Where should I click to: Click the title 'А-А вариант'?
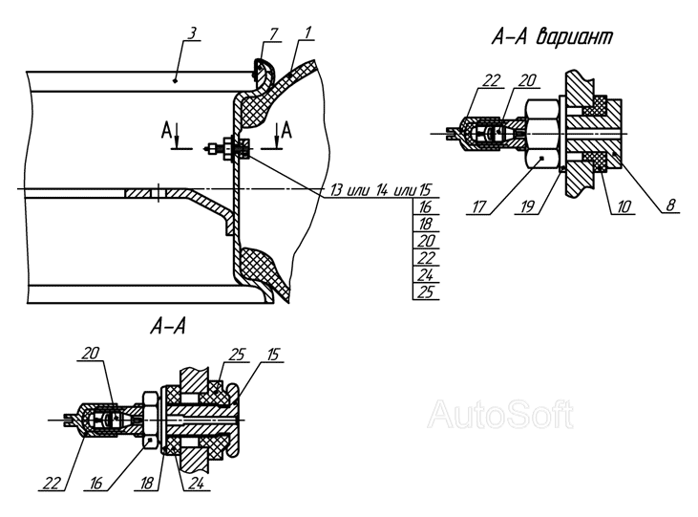tap(553, 37)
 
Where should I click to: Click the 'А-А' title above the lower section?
tap(168, 327)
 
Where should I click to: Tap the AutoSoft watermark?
tap(500, 415)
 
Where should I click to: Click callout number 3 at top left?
tap(192, 34)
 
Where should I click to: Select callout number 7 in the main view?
tap(274, 33)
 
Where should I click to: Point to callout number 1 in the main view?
tap(308, 33)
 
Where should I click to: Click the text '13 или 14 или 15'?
tap(381, 190)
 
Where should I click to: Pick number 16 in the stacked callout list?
tap(426, 206)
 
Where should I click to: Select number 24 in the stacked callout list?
tap(426, 274)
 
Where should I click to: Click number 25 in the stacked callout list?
tap(426, 291)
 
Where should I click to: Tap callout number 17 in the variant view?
tap(479, 206)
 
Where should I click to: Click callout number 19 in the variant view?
tap(527, 206)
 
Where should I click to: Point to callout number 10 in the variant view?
tap(624, 206)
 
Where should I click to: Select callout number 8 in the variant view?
tap(671, 205)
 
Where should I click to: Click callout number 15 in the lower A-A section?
tap(273, 355)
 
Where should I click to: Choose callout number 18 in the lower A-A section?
tap(147, 484)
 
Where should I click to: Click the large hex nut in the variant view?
tap(542, 134)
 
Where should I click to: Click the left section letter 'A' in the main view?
tap(166, 131)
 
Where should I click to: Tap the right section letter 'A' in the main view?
tap(286, 131)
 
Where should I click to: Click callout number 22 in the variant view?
tap(492, 80)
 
